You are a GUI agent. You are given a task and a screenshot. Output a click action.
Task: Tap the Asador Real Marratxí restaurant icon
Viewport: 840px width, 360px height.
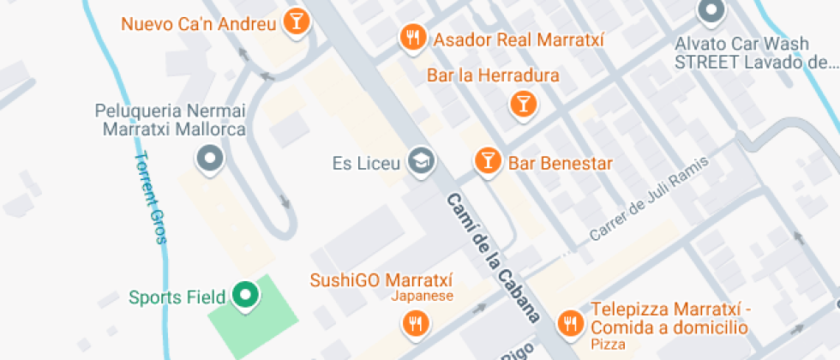[x=414, y=37]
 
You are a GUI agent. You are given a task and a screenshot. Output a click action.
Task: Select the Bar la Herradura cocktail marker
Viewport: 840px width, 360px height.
[x=521, y=104]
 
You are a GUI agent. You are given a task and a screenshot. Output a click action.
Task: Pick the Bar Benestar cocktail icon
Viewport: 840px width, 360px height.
[x=487, y=159]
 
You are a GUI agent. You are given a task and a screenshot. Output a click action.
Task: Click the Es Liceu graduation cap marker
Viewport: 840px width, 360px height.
[x=421, y=159]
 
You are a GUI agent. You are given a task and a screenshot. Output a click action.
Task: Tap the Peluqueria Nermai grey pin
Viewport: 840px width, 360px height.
[x=209, y=158]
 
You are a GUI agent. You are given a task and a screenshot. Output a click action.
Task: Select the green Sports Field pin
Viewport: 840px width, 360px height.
[x=247, y=296]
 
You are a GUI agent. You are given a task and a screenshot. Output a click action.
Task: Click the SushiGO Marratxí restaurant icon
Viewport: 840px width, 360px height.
[x=415, y=322]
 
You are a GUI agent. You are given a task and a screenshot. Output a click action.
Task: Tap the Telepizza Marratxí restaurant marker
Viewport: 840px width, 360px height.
[x=568, y=322]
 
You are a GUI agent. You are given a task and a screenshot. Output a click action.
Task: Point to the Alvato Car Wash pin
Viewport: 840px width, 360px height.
[x=711, y=11]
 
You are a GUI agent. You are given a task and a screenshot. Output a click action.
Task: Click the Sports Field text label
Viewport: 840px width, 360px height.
[x=177, y=298]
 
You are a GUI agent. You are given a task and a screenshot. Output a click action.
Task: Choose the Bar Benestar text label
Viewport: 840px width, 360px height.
[x=561, y=161]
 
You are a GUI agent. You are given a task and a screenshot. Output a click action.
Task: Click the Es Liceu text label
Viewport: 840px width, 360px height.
[x=367, y=162]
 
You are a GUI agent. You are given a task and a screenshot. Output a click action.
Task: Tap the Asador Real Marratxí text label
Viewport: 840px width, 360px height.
[x=519, y=39]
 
